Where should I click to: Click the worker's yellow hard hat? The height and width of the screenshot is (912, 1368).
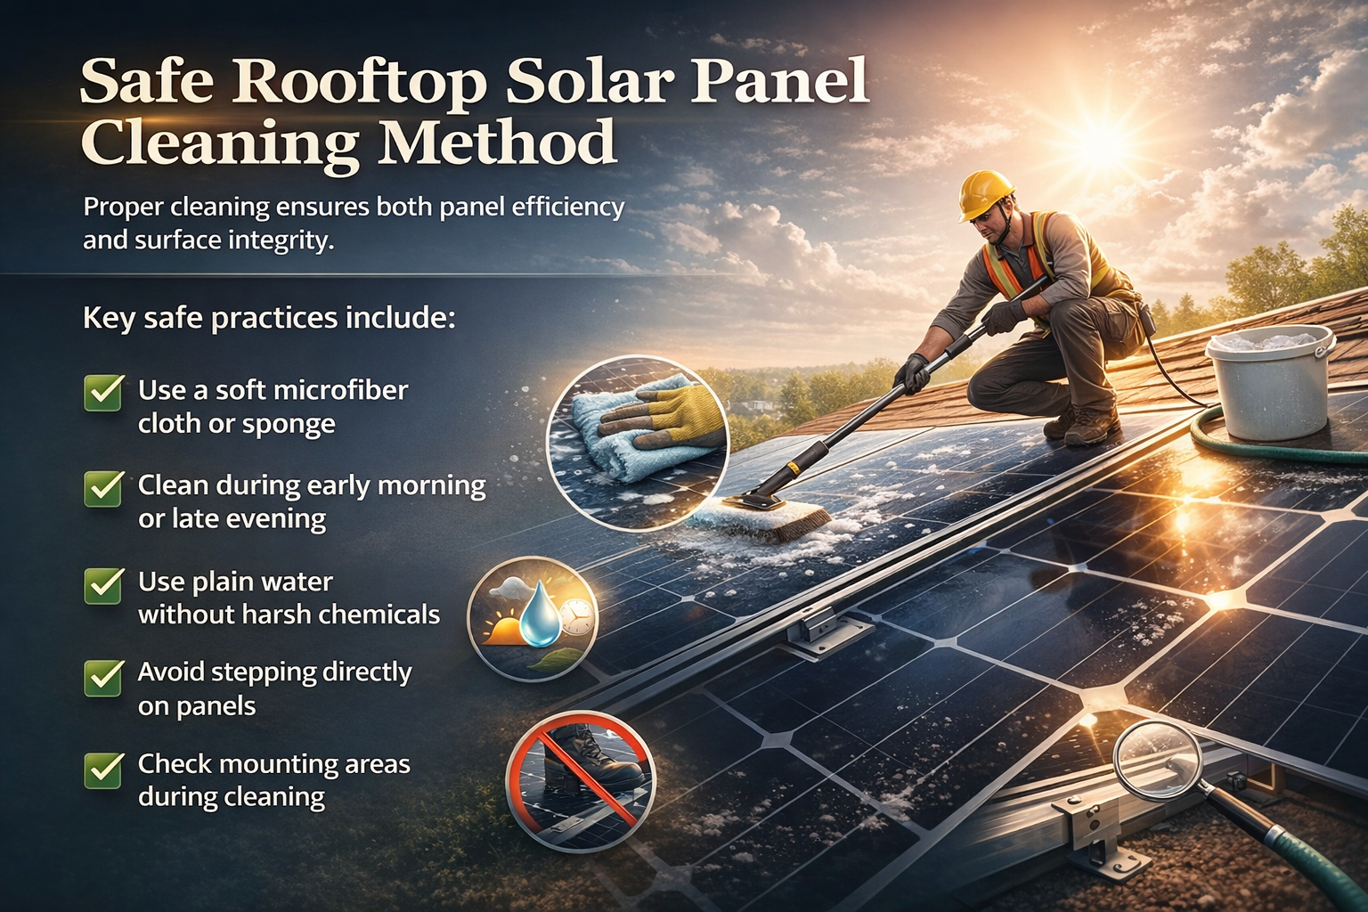click(988, 193)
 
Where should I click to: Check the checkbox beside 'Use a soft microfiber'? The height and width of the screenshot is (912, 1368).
click(103, 392)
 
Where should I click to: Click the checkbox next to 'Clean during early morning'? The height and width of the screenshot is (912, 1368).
click(103, 488)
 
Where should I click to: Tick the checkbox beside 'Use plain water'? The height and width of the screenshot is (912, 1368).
click(103, 584)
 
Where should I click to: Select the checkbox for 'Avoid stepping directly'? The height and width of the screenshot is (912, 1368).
click(103, 676)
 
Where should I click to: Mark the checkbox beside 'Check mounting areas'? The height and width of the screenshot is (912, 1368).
click(103, 769)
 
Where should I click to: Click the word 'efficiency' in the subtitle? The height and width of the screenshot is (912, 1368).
click(570, 208)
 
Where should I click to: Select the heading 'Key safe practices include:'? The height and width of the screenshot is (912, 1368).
click(269, 318)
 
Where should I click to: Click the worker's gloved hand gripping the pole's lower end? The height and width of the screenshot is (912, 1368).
click(912, 372)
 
